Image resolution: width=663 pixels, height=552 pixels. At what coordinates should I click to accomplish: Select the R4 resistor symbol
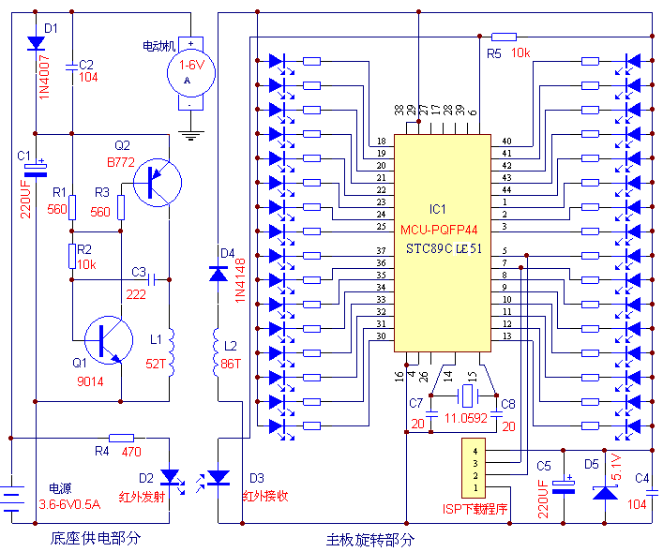122,438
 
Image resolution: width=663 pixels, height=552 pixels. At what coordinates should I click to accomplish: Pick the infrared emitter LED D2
170,478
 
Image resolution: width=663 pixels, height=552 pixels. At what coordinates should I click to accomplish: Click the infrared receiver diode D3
218,478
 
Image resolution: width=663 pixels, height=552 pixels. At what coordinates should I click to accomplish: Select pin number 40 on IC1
506,141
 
